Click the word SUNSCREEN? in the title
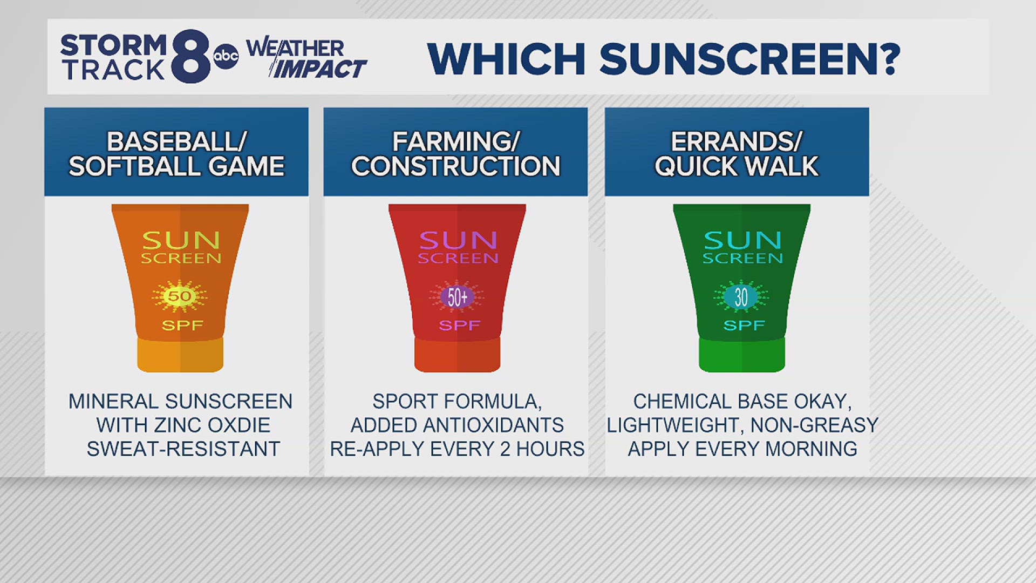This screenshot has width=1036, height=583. pos(749,58)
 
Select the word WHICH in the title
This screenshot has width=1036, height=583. pos(506,58)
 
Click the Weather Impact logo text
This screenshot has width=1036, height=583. pos(306,58)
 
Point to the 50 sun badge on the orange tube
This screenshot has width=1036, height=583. pos(180,296)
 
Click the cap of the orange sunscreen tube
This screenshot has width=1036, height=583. pos(180,355)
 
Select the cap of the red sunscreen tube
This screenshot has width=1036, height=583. pos(457,355)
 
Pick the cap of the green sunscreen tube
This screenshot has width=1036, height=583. pos(741,355)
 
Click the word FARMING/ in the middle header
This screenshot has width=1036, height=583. pos(455,141)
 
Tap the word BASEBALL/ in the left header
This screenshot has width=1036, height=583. pos(176,141)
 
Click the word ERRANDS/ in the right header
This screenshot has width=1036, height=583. pos(737,141)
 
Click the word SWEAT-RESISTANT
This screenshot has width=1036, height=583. pos(183,449)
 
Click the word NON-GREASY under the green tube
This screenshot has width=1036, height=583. pos(814,425)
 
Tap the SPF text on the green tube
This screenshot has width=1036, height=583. pos(744,326)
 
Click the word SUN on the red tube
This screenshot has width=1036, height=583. pos(458,240)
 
